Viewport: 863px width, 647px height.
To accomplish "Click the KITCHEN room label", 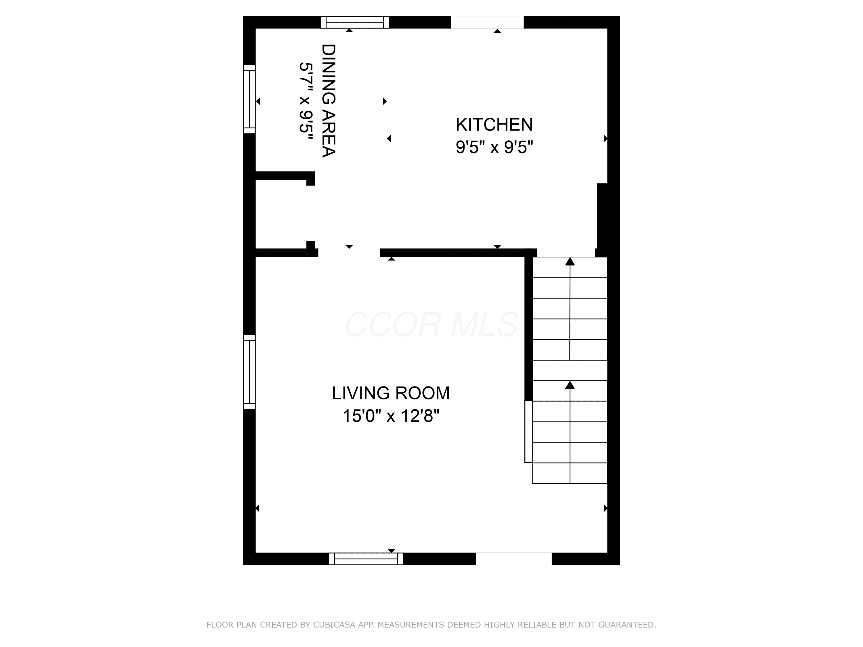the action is [494, 125].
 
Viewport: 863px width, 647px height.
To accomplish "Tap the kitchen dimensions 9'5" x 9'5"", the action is [494, 148].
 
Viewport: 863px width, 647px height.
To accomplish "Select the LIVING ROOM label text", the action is [391, 393].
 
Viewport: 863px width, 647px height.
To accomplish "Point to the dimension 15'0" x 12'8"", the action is [391, 416].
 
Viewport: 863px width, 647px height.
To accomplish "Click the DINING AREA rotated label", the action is [329, 101].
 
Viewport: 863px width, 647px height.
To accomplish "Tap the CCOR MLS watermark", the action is [431, 324].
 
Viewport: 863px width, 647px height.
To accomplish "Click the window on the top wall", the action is [355, 22].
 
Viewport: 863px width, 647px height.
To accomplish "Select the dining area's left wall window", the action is [249, 99].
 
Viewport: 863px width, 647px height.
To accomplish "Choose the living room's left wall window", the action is [249, 372].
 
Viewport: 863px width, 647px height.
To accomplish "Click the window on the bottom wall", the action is [366, 559].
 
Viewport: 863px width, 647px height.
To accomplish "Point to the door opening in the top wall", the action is [487, 22].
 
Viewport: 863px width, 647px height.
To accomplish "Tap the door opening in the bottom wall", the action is [514, 559].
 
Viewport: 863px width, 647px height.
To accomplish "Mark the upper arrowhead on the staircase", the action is [570, 262].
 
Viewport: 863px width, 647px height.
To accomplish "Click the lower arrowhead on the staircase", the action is [570, 385].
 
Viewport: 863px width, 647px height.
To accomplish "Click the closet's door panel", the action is [311, 213].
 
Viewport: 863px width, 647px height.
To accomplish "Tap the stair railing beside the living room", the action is [528, 431].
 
